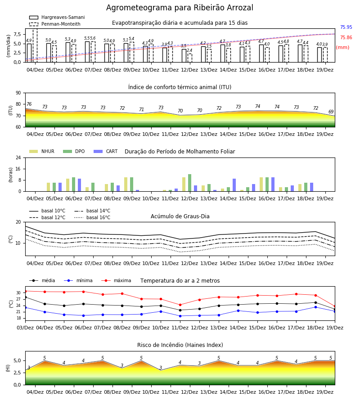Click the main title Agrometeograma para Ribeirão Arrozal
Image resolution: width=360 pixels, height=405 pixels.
(180, 8)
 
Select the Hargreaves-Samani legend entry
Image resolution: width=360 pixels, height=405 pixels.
(57, 17)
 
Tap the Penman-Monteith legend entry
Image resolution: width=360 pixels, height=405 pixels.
(55, 24)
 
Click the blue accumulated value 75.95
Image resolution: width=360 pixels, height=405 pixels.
(346, 27)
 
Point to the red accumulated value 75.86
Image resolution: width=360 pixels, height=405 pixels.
(346, 37)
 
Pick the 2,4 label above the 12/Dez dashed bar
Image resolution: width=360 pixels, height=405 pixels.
(189, 50)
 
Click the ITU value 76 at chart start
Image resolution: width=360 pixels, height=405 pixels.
(29, 104)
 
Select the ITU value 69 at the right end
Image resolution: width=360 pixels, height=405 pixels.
(331, 112)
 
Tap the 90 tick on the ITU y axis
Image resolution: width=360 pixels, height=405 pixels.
(18, 93)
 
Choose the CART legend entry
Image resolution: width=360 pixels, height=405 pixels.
(105, 151)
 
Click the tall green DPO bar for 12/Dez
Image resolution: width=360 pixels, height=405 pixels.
(190, 183)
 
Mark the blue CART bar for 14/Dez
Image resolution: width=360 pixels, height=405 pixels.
(234, 185)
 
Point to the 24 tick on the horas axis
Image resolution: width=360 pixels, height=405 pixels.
(18, 157)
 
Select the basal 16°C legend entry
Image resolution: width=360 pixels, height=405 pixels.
(92, 217)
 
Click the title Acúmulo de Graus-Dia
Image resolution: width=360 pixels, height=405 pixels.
(180, 216)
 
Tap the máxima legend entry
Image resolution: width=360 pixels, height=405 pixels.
(116, 280)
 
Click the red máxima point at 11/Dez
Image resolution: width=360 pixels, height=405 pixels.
(180, 305)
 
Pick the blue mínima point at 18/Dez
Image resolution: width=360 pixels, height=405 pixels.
(315, 307)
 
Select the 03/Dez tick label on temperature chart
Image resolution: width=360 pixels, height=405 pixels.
(25, 328)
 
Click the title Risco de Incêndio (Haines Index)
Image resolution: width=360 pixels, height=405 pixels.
(180, 345)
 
